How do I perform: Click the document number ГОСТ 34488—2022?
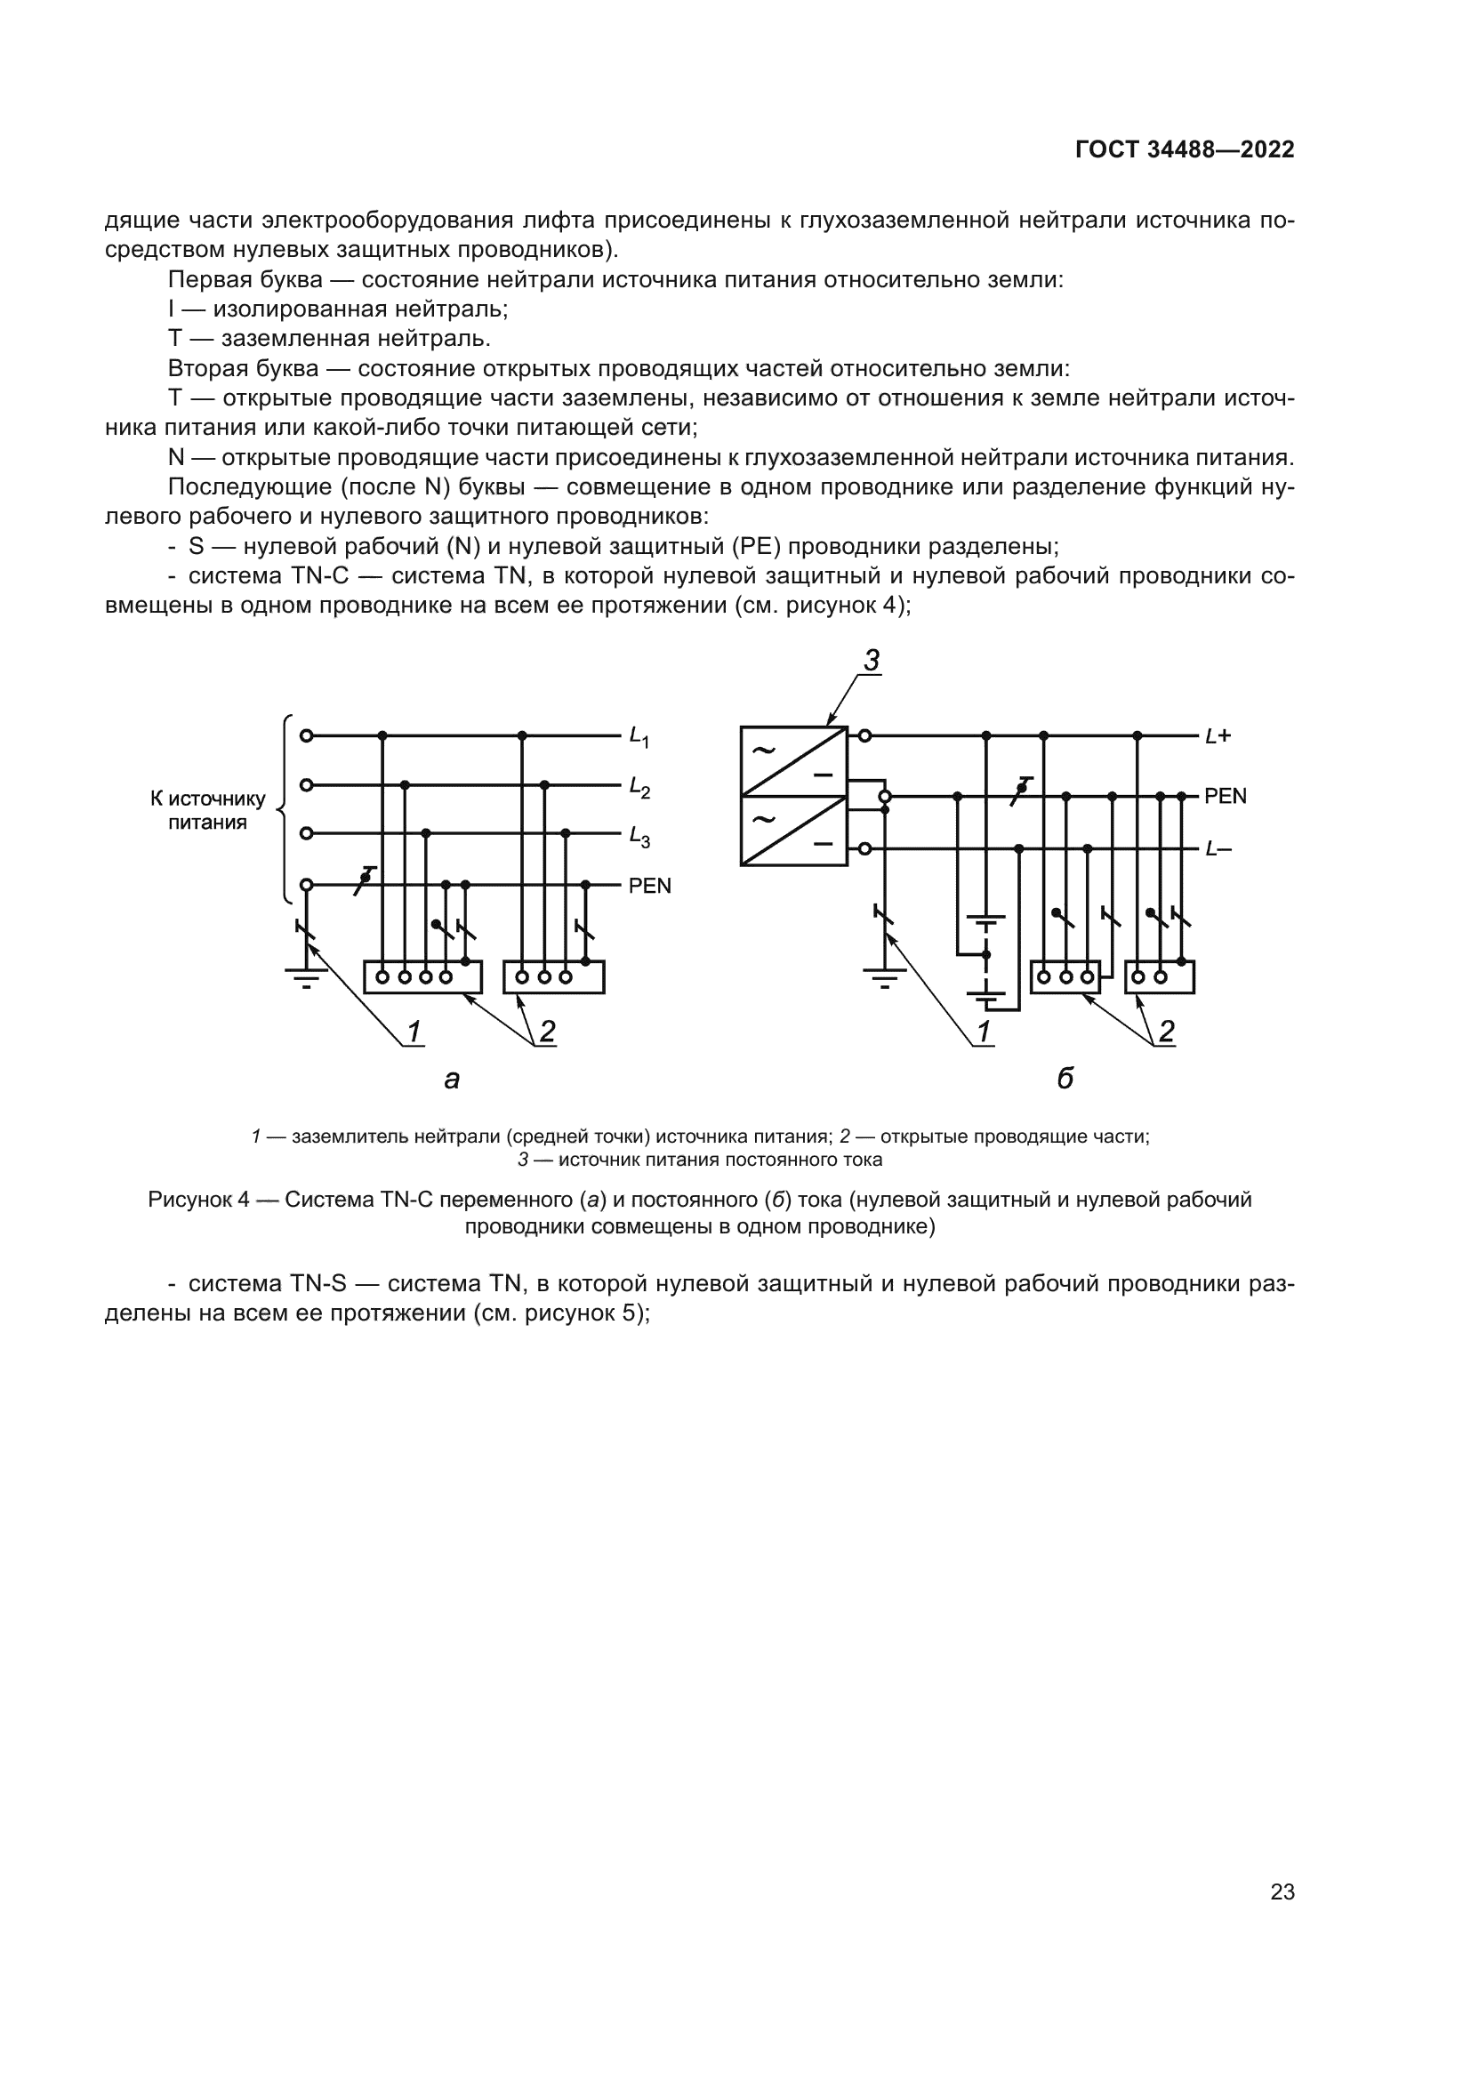tap(1185, 150)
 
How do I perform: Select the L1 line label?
tap(639, 737)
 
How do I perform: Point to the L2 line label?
tap(639, 788)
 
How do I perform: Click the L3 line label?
tap(639, 837)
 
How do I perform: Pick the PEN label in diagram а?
tap(649, 886)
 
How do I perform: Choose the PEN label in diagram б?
tap(1225, 796)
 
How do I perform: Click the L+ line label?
tap(1218, 736)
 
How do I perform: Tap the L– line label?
tap(1218, 850)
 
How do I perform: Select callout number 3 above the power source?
tap(872, 662)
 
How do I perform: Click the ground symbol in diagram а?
tap(306, 976)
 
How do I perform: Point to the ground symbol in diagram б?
tap(885, 976)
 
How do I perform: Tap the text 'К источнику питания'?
tap(207, 810)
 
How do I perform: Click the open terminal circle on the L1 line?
tap(306, 735)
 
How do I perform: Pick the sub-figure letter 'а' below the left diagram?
tap(452, 1079)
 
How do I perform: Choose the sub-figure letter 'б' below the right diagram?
tap(1065, 1078)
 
